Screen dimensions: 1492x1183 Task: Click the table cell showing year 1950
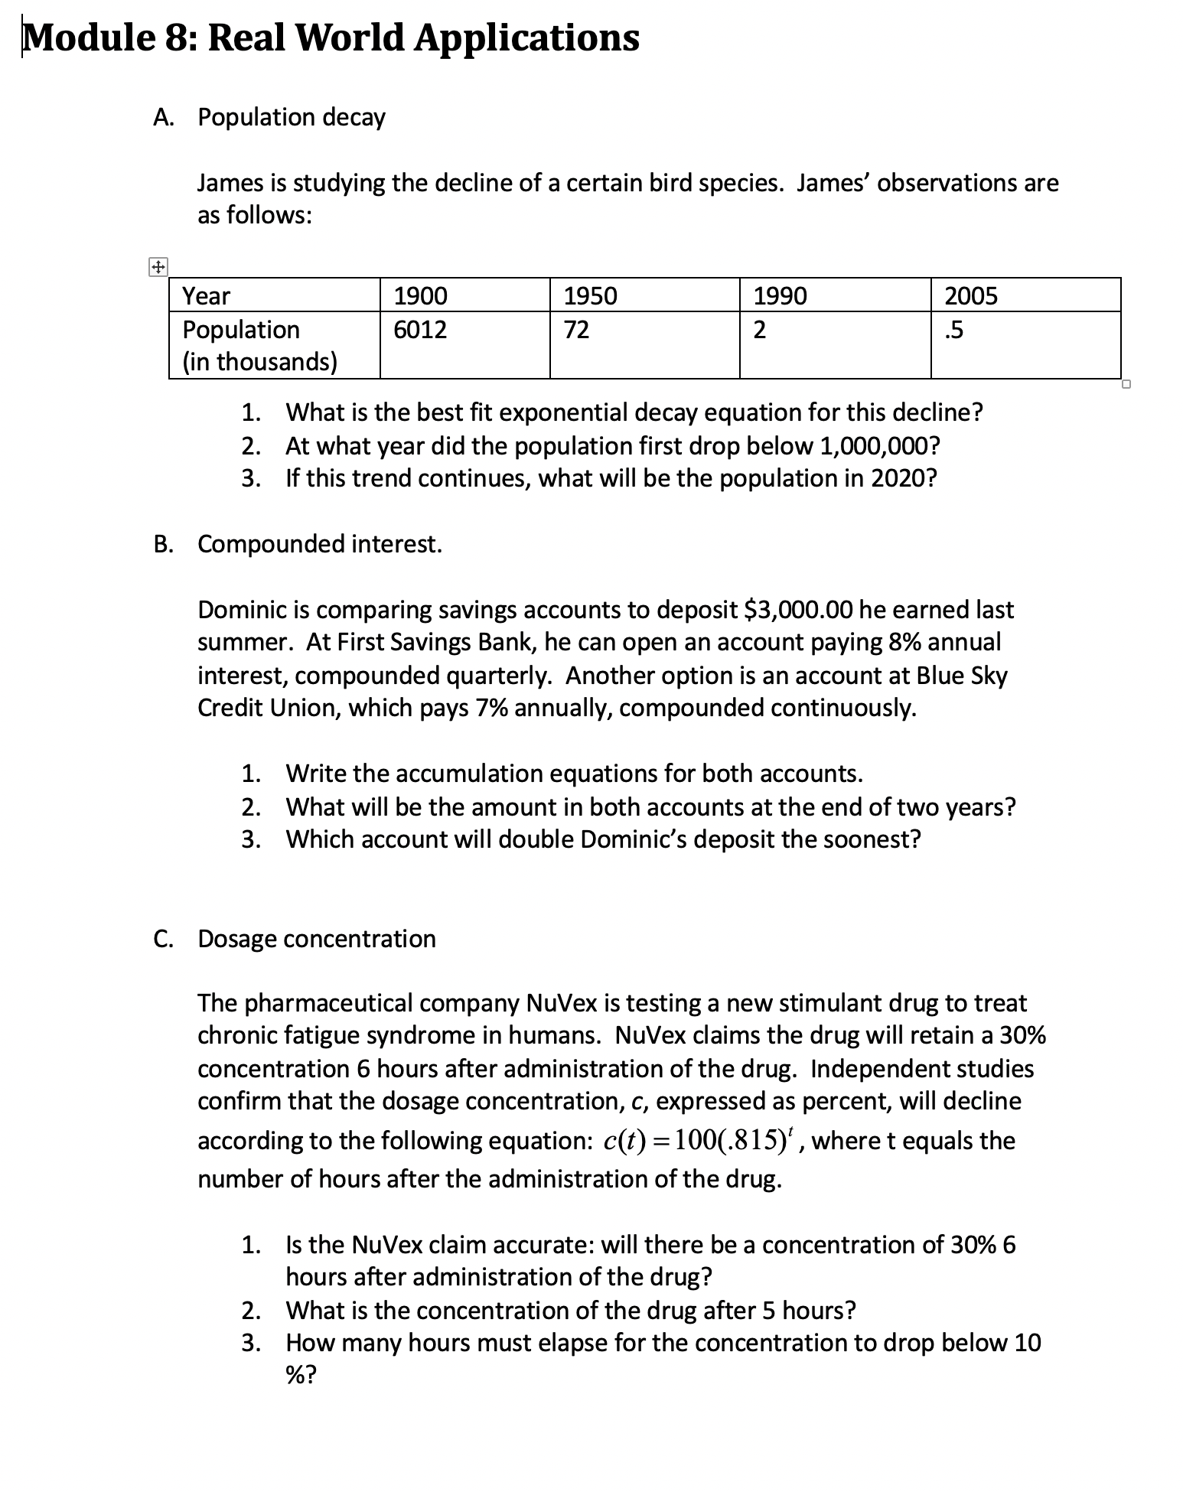click(x=590, y=296)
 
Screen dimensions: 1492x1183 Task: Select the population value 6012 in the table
click(x=420, y=330)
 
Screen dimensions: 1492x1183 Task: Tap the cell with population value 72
click(x=576, y=330)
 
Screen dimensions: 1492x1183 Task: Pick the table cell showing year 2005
click(x=971, y=296)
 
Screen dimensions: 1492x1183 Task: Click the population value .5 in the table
click(x=954, y=330)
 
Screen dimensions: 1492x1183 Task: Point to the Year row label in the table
click(x=207, y=296)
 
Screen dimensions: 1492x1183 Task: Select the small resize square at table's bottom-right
click(x=1126, y=384)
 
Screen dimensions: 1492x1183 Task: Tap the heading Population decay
click(x=292, y=118)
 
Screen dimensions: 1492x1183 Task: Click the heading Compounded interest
click(x=320, y=544)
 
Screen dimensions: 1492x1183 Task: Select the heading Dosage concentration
click(x=317, y=939)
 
